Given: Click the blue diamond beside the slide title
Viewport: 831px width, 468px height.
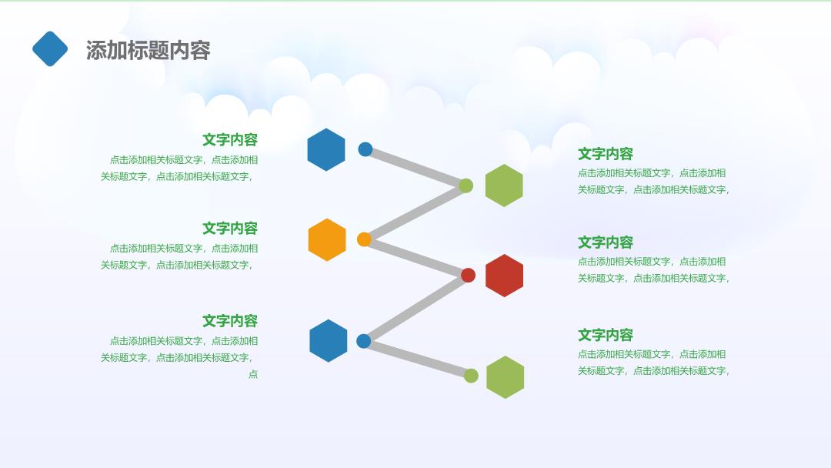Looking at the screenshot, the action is click(x=50, y=48).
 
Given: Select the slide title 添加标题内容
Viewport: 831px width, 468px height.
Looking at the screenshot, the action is click(x=149, y=50).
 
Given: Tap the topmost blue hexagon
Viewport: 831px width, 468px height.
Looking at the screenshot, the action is click(x=326, y=149).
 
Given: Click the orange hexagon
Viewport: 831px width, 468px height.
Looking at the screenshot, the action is click(x=327, y=239).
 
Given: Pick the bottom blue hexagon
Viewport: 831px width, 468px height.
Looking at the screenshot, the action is click(x=328, y=341).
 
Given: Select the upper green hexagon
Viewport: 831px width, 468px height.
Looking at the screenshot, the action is click(x=504, y=186).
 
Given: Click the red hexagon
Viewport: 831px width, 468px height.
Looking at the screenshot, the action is click(x=505, y=276).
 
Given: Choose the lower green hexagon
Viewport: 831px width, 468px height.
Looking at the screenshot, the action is click(x=505, y=377).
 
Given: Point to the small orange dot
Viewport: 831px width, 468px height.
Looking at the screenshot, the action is click(x=364, y=239).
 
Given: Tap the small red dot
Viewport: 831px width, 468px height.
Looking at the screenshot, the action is click(x=468, y=275).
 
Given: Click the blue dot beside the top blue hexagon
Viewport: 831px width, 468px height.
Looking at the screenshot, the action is click(x=365, y=149).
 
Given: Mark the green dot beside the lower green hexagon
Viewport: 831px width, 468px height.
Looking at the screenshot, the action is click(x=471, y=376).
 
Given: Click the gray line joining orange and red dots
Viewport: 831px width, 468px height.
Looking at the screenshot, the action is click(x=416, y=258).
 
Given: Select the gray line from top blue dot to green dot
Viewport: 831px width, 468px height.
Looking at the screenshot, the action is click(x=415, y=168).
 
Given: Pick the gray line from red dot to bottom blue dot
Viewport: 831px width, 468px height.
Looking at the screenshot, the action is click(x=416, y=308).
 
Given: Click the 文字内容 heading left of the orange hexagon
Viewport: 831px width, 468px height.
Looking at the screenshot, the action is click(x=230, y=229).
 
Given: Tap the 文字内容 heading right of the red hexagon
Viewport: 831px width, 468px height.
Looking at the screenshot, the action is click(x=606, y=242).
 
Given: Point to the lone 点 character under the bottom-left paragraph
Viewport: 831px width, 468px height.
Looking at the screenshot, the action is click(x=253, y=374).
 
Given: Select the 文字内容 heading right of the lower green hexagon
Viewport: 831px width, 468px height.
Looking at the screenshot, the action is click(x=606, y=336).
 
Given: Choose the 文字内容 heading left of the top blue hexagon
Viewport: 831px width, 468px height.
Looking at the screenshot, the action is click(x=230, y=140).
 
